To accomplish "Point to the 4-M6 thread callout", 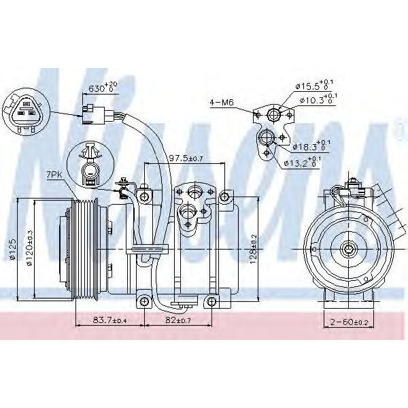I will pos(221,103).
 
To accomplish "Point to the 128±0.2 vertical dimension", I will pos(253,250).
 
